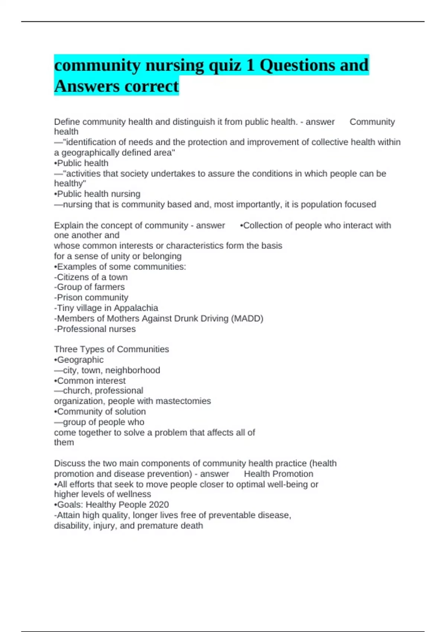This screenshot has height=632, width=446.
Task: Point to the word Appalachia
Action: [x=136, y=308]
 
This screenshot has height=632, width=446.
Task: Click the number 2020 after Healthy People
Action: [x=159, y=504]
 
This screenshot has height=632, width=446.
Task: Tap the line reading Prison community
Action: [x=91, y=298]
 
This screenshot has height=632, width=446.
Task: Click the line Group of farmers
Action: [x=90, y=287]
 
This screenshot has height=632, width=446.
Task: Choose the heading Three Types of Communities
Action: [x=111, y=349]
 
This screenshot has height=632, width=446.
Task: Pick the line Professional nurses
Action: [x=95, y=329]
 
